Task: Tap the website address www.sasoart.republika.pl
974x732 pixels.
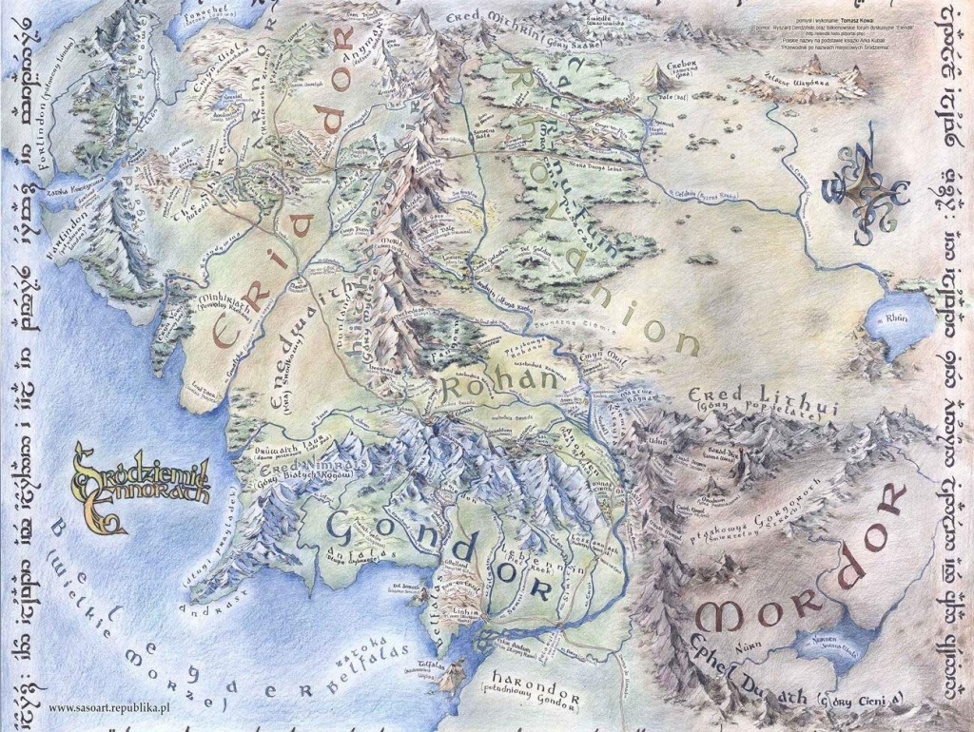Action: pyautogui.click(x=107, y=708)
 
